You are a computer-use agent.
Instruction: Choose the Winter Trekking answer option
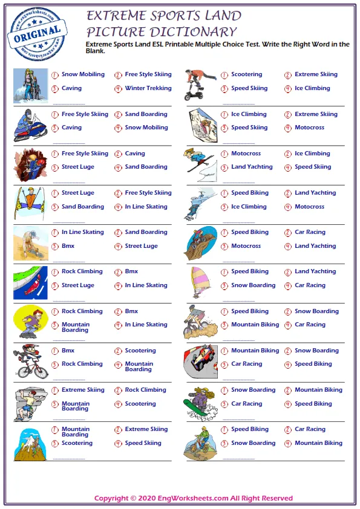click(x=148, y=88)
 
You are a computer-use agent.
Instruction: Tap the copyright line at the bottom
click(x=194, y=498)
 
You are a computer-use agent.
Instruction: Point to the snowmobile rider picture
click(x=30, y=125)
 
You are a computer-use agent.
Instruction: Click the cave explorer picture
click(x=30, y=164)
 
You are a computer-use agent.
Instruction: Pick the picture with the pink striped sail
click(x=200, y=282)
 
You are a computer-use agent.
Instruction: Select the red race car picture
click(x=200, y=361)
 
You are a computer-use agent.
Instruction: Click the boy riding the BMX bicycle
click(x=30, y=361)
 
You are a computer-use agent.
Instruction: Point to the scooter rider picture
click(x=200, y=85)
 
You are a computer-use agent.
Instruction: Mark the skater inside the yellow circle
click(x=30, y=322)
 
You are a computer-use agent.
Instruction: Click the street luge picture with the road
click(x=30, y=283)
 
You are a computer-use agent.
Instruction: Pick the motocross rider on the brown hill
click(x=200, y=242)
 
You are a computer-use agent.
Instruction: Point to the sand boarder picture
click(x=30, y=243)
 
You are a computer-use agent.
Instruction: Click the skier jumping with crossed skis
click(x=30, y=203)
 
